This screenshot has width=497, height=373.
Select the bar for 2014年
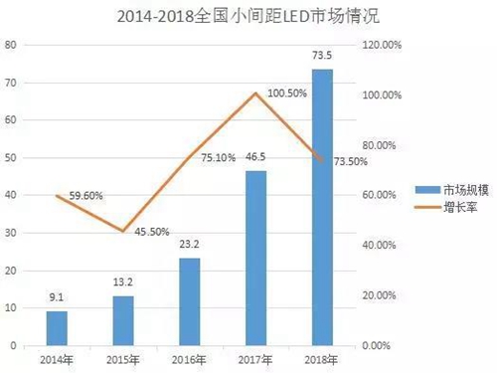[x=58, y=327]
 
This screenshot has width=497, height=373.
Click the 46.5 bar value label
[x=255, y=158]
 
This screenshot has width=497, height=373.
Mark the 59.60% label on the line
[x=88, y=196]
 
